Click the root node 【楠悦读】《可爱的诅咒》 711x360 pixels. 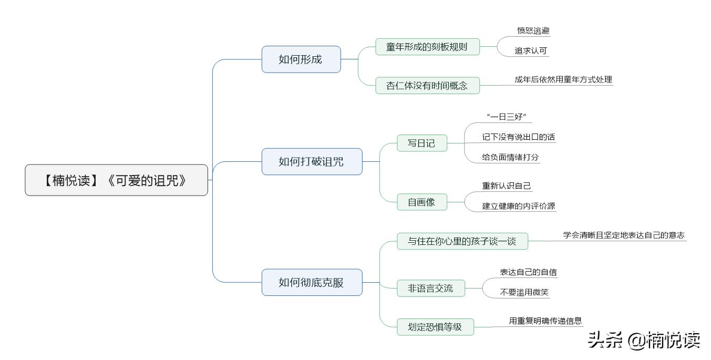click(x=116, y=180)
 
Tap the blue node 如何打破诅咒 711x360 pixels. click(x=312, y=161)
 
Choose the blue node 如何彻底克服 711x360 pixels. click(x=312, y=282)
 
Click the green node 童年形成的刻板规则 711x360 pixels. click(x=427, y=46)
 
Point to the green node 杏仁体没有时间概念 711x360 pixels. click(x=427, y=85)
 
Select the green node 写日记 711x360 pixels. click(x=421, y=143)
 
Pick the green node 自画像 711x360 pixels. click(x=421, y=202)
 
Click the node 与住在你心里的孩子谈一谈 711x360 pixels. click(x=462, y=241)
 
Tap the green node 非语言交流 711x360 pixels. click(x=430, y=288)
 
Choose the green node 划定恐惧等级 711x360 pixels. click(x=435, y=327)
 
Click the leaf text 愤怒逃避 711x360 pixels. click(x=533, y=30)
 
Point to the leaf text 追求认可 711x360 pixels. click(x=531, y=51)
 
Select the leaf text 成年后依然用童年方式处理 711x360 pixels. click(x=563, y=80)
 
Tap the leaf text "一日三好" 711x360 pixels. click(x=507, y=117)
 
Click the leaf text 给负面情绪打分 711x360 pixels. click(x=510, y=157)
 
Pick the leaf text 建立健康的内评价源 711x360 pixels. click(x=518, y=206)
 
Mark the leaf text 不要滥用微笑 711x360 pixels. click(x=524, y=292)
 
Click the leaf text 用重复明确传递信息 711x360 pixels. click(x=545, y=321)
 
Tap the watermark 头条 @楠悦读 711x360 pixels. click(x=644, y=340)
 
